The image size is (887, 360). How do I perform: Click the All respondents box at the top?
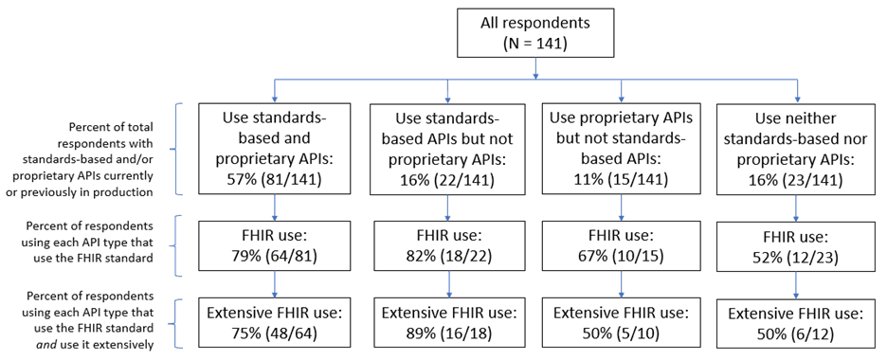tap(537, 31)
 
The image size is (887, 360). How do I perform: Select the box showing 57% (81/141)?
tap(275, 149)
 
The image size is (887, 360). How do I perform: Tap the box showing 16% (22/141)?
tap(448, 149)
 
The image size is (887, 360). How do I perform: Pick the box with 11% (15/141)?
tap(621, 149)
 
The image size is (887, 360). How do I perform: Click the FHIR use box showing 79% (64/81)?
tap(275, 244)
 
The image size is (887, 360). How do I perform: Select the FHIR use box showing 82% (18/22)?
tap(448, 244)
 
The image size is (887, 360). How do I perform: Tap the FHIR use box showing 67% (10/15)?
tap(621, 244)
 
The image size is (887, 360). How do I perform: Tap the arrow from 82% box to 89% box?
tap(448, 285)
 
